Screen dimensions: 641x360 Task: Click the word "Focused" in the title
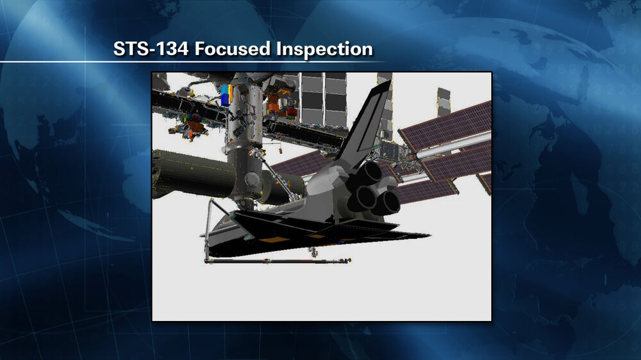click(x=232, y=49)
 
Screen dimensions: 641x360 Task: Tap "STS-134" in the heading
click(x=151, y=49)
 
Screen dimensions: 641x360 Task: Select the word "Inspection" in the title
click(x=324, y=49)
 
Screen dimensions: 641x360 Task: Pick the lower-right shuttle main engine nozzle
click(x=388, y=202)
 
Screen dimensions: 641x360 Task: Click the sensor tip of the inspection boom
click(x=347, y=260)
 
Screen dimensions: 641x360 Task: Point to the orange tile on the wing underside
click(x=271, y=240)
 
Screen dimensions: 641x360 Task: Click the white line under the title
click(x=192, y=61)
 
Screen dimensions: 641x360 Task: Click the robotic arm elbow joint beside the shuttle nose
click(x=211, y=202)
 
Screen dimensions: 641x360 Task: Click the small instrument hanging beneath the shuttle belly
click(x=313, y=252)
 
